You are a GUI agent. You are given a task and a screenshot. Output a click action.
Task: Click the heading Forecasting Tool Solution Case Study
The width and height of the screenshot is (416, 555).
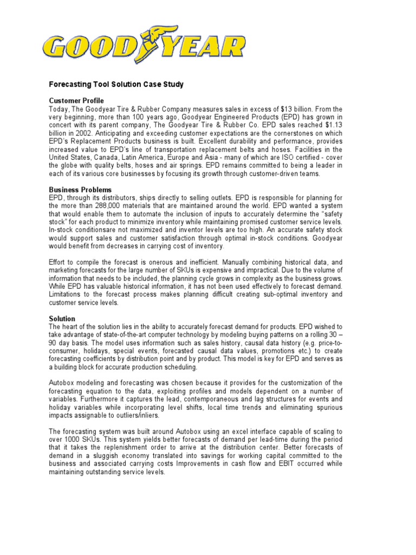[116, 85]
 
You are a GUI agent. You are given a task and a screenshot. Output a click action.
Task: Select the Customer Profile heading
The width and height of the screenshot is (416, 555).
[76, 101]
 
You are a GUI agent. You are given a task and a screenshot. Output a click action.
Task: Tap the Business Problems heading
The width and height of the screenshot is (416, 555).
[80, 190]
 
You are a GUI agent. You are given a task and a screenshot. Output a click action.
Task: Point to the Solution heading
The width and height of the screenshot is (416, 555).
[62, 319]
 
